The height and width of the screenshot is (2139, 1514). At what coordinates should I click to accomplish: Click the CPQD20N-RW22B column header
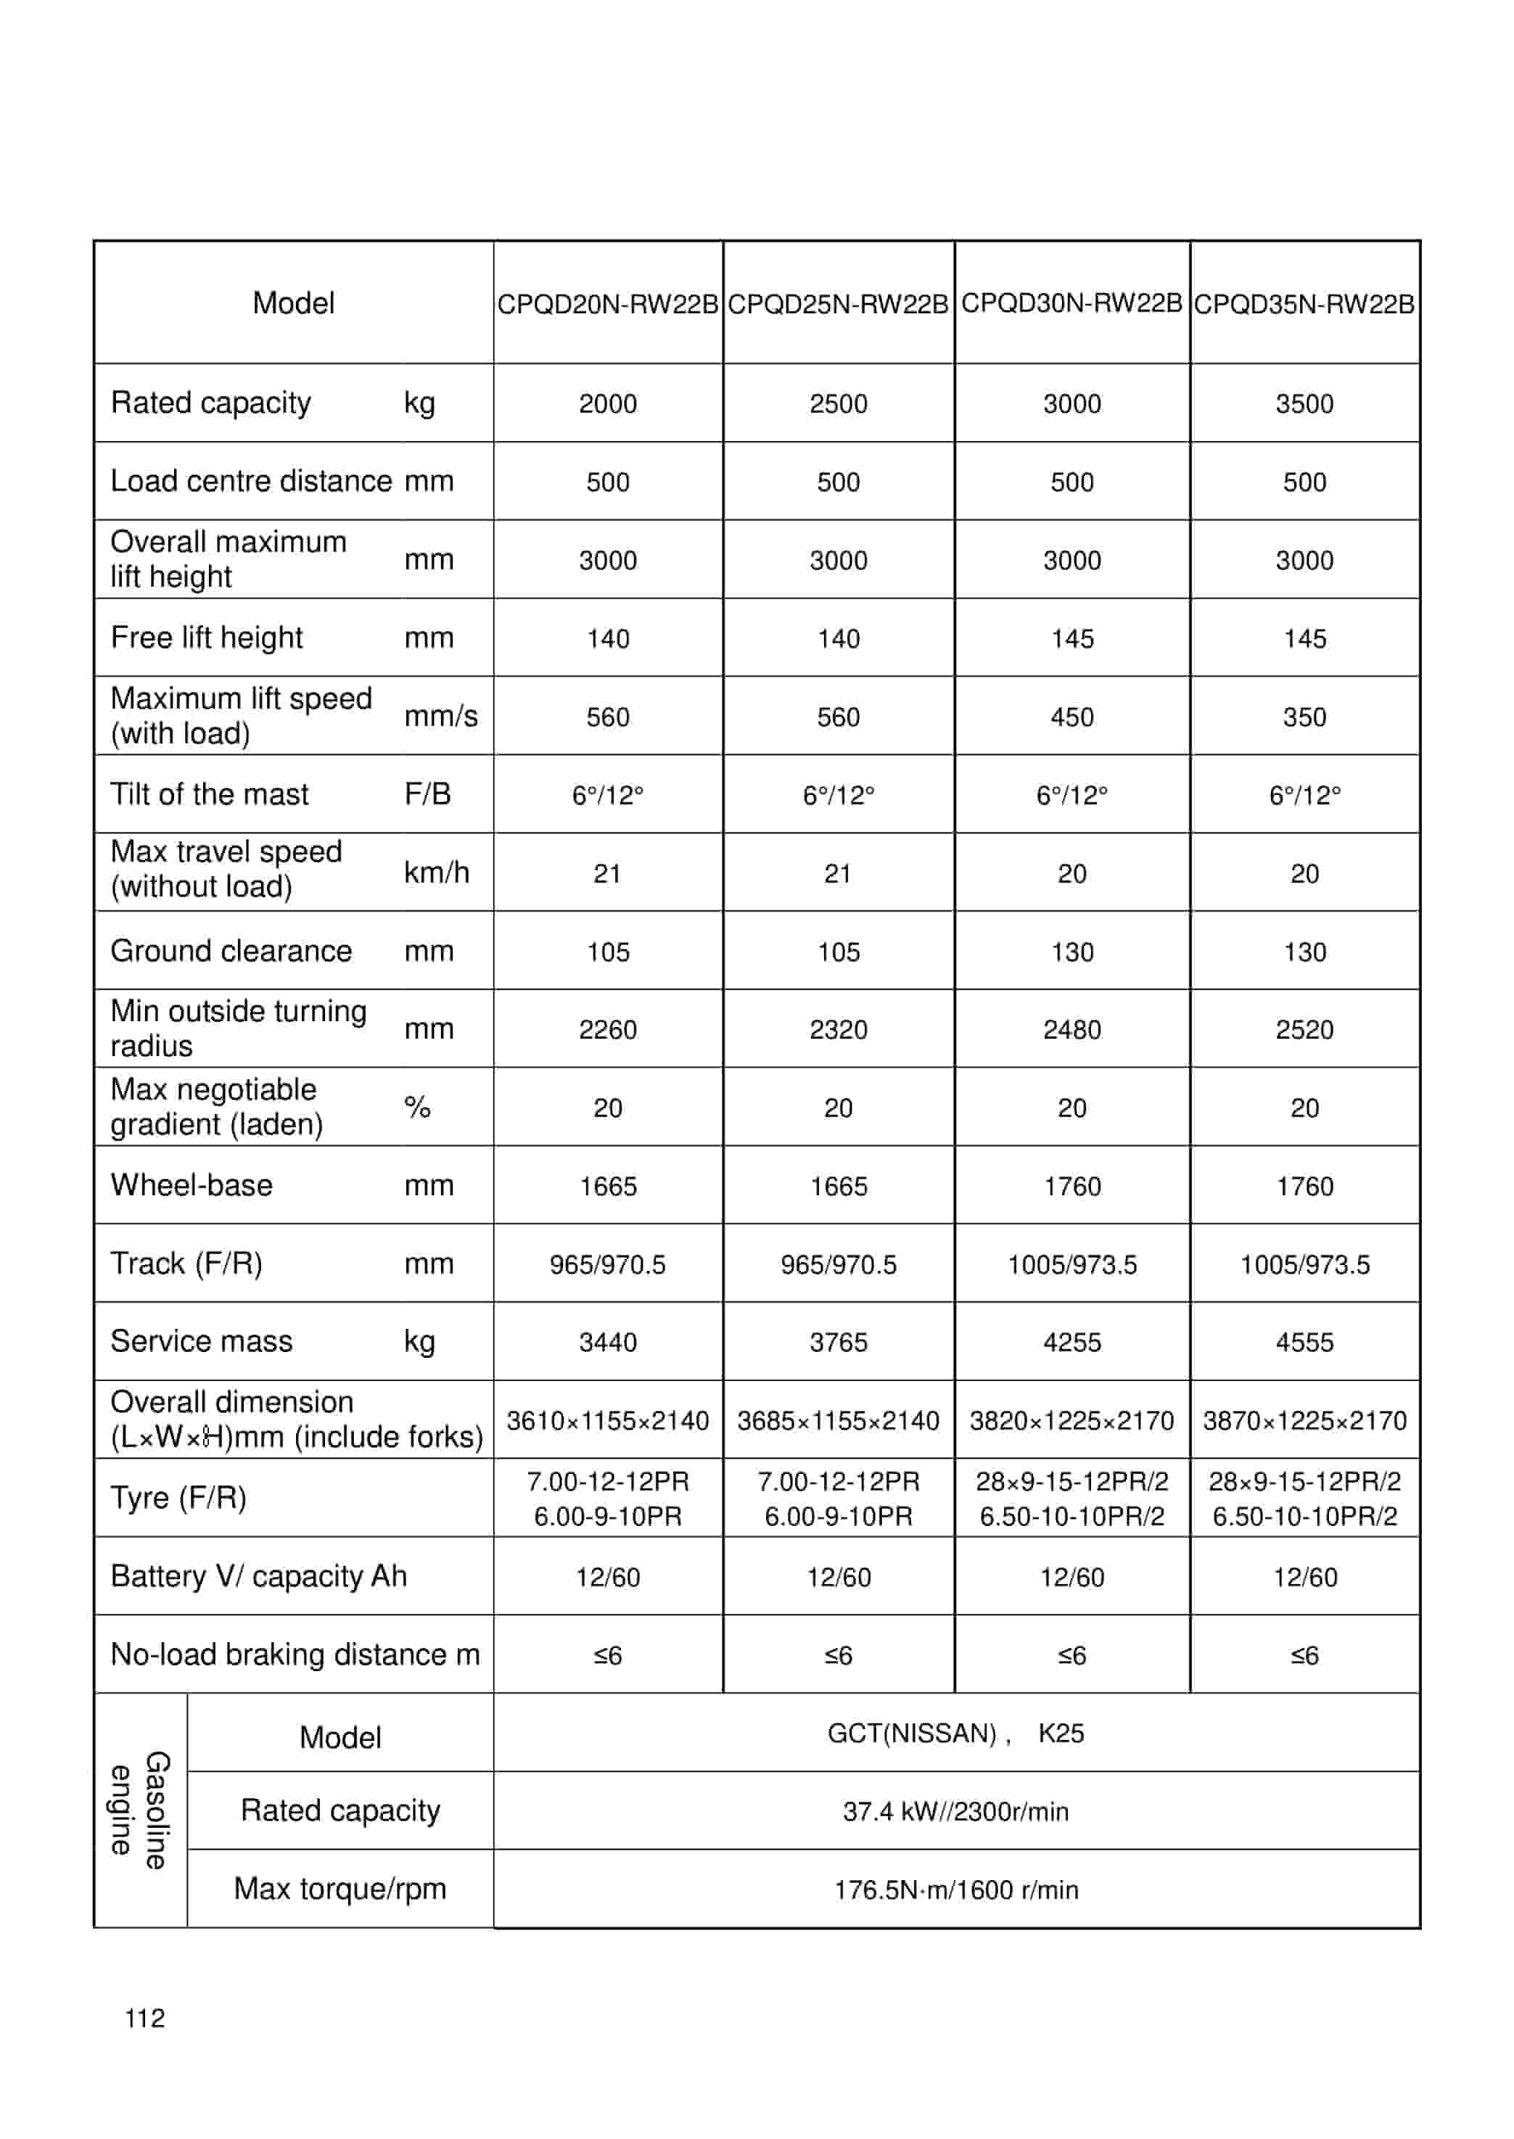[607, 304]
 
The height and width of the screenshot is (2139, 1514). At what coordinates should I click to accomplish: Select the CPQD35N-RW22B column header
[1304, 304]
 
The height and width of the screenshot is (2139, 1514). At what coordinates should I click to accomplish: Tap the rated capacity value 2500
[837, 403]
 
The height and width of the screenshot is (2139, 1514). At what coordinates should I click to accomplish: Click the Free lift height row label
[206, 638]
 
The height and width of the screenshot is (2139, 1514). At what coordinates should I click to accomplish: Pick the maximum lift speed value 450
[1071, 717]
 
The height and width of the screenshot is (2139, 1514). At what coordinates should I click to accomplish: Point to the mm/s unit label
[440, 716]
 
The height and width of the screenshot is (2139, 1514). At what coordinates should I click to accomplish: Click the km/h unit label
[436, 873]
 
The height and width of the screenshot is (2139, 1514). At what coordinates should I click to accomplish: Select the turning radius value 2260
[607, 1029]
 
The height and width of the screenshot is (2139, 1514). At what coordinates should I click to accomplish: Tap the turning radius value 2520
[1304, 1029]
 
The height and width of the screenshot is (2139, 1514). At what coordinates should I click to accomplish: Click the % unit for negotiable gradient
[416, 1108]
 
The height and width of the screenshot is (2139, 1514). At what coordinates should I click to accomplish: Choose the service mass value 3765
[837, 1342]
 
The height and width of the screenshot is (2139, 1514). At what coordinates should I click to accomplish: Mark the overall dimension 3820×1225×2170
[1071, 1420]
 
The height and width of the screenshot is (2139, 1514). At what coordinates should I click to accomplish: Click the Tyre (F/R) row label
[178, 1498]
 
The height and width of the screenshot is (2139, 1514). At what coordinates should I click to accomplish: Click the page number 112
[144, 2018]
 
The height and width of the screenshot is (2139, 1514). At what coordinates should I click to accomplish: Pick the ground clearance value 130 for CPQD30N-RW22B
[1071, 952]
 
